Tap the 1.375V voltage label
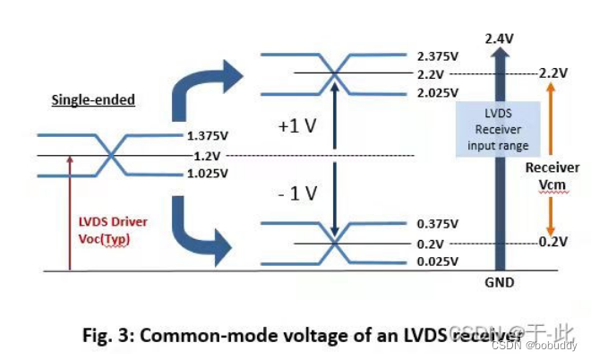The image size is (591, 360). [x=208, y=137]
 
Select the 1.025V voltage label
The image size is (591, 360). [x=208, y=175]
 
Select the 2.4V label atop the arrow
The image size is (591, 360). [x=498, y=39]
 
